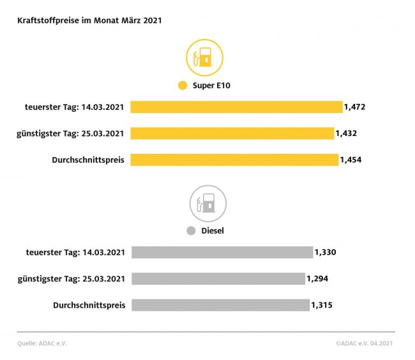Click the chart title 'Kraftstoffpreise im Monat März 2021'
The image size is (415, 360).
pos(89,20)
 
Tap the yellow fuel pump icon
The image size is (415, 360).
pos(204,58)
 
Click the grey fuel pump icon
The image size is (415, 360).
pos(207,204)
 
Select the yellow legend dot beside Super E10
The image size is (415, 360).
pos(182,86)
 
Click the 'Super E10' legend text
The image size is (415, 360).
pos(211,86)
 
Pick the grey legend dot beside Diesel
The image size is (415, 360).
pos(190,230)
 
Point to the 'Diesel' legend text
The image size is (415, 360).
pos(213,230)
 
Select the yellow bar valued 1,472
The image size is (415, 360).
pos(236,107)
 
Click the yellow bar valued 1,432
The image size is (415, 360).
pos(232,133)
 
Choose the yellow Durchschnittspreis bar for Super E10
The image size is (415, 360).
pos(234,160)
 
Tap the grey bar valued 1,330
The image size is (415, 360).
pos(222,252)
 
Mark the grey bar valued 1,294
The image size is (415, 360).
pos(218,279)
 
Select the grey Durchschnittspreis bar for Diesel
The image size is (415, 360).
pos(221,305)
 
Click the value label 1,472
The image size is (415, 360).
pos(354,107)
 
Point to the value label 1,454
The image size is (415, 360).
pos(351,160)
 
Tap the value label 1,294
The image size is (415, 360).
pos(317,279)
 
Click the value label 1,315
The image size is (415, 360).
pos(322,305)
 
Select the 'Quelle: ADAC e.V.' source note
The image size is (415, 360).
pos(42,343)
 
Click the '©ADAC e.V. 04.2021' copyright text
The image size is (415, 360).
pos(365,343)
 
